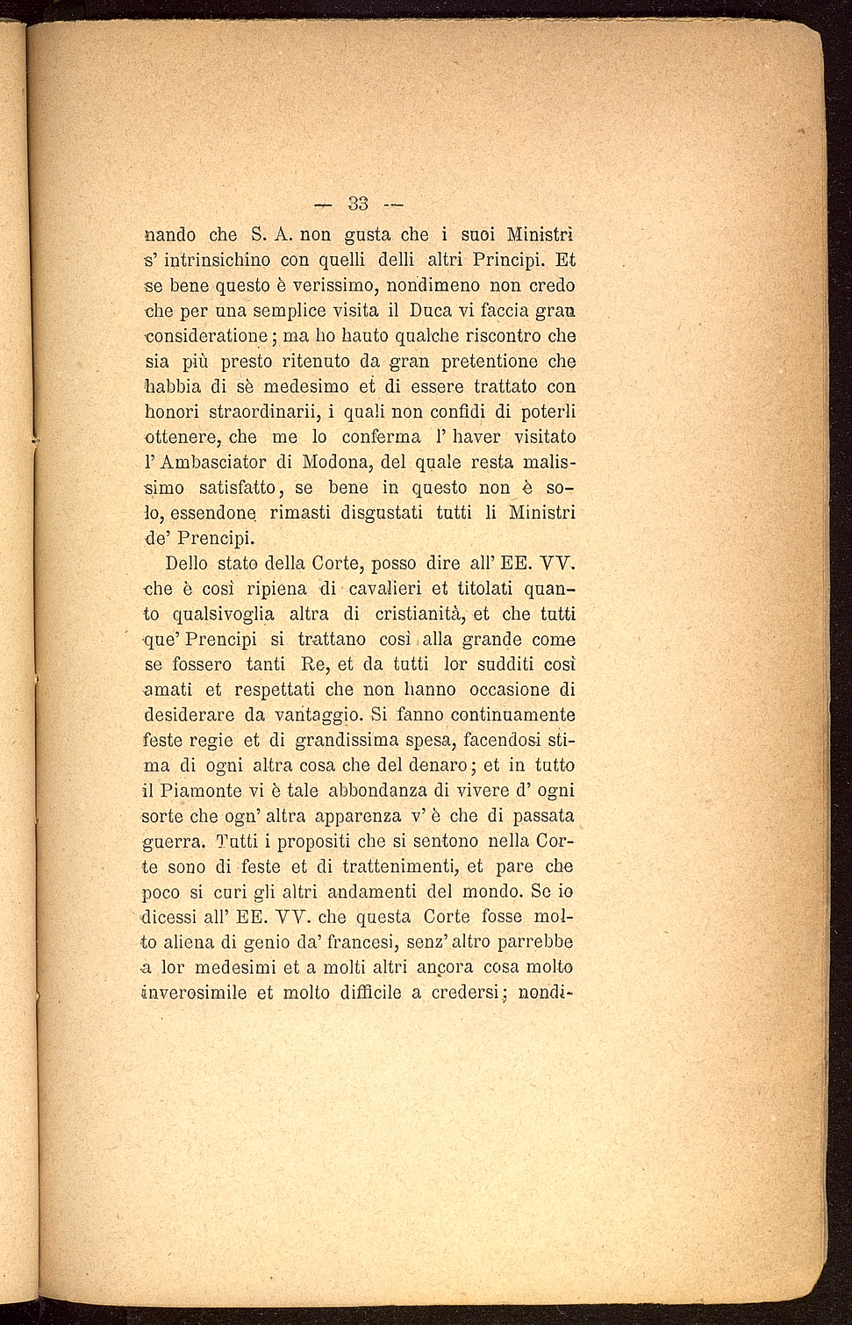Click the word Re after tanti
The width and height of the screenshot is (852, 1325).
[x=312, y=664]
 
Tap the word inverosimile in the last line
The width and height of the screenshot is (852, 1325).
[x=194, y=993]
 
